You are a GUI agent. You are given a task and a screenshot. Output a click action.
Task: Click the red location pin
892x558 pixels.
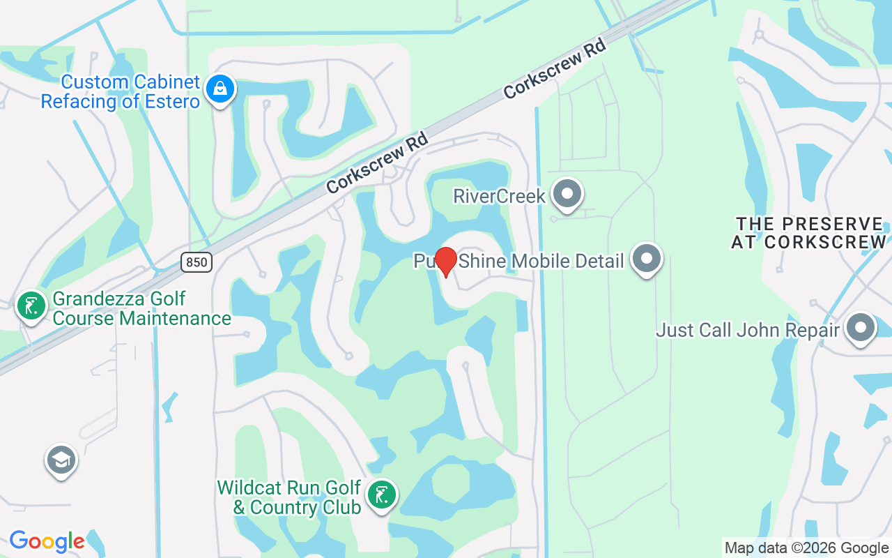pos(446,262)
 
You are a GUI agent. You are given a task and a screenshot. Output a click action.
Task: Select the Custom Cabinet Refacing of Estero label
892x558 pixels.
pos(121,91)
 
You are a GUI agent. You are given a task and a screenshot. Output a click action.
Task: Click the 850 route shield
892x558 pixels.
pos(196,262)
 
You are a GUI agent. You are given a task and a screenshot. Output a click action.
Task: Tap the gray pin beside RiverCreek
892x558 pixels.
pos(567,195)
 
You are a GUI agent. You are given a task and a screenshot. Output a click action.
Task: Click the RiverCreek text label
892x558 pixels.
pos(500,196)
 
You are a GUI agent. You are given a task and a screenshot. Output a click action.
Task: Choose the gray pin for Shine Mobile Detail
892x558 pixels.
pos(647,259)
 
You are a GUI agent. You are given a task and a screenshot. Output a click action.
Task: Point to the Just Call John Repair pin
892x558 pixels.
pos(861,328)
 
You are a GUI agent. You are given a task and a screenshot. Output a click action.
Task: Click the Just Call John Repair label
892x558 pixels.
pos(747,329)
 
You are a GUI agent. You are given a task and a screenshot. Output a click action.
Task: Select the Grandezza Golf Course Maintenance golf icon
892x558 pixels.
pos(31,306)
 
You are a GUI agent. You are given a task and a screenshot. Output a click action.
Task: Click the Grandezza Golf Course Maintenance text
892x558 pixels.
pos(141,308)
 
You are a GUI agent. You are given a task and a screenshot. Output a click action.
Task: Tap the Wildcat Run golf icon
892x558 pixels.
pos(381,495)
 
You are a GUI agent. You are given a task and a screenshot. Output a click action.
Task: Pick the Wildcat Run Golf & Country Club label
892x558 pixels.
pos(289,497)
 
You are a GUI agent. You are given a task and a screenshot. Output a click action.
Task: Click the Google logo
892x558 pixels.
pos(47,541)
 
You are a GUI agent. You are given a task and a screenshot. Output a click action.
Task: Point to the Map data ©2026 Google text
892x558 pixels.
pos(806,548)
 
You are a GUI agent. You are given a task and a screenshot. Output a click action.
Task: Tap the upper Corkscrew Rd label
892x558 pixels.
pos(555,68)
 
